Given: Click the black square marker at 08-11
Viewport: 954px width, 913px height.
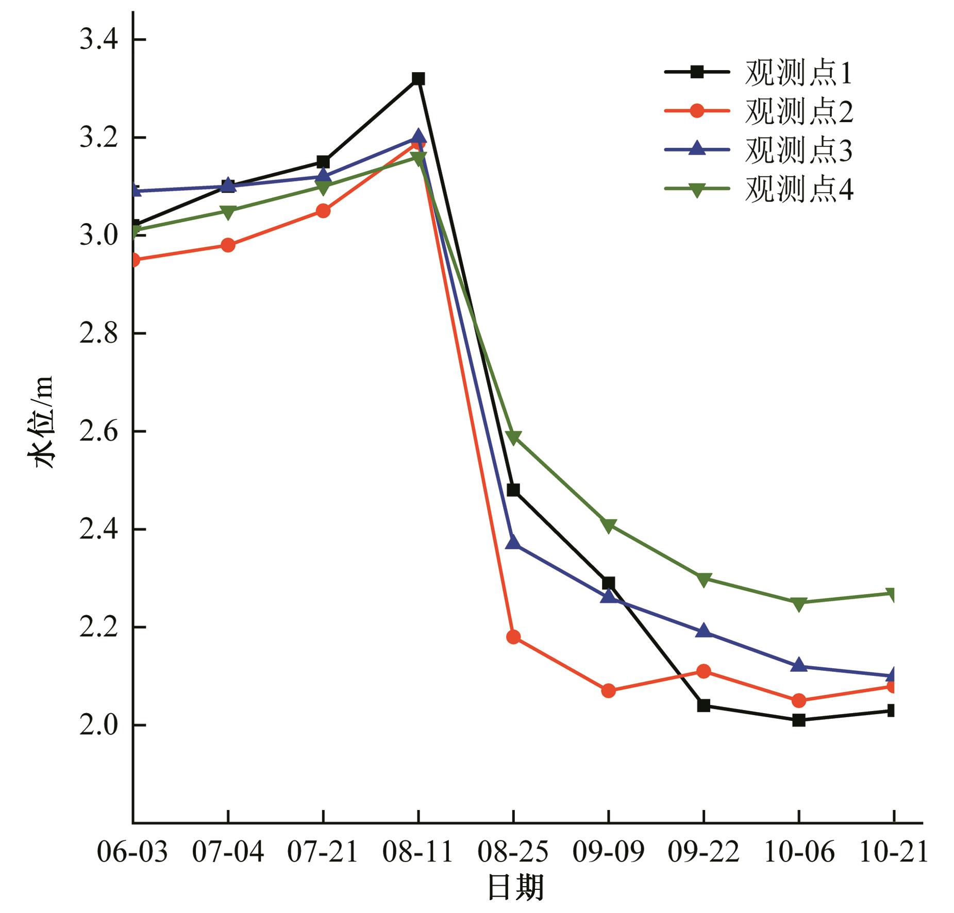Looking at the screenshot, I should point(419,79).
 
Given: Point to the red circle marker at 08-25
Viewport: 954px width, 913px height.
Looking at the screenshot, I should point(513,637).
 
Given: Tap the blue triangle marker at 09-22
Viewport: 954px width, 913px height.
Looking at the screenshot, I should point(704,631).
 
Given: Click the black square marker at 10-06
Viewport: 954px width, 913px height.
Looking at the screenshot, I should point(798,720).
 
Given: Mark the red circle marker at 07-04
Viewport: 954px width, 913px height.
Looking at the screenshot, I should point(228,245).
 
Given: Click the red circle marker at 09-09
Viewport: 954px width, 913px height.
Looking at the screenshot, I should point(609,690).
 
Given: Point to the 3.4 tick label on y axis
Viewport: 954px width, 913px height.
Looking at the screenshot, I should point(98,40).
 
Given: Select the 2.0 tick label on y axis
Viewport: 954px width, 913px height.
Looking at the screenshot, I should point(98,725).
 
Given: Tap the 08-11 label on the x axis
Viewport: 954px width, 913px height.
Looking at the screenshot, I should point(418,852).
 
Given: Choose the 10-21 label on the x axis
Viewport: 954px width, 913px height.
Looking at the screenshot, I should point(894,852).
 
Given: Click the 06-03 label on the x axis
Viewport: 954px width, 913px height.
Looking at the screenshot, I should point(132,852).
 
